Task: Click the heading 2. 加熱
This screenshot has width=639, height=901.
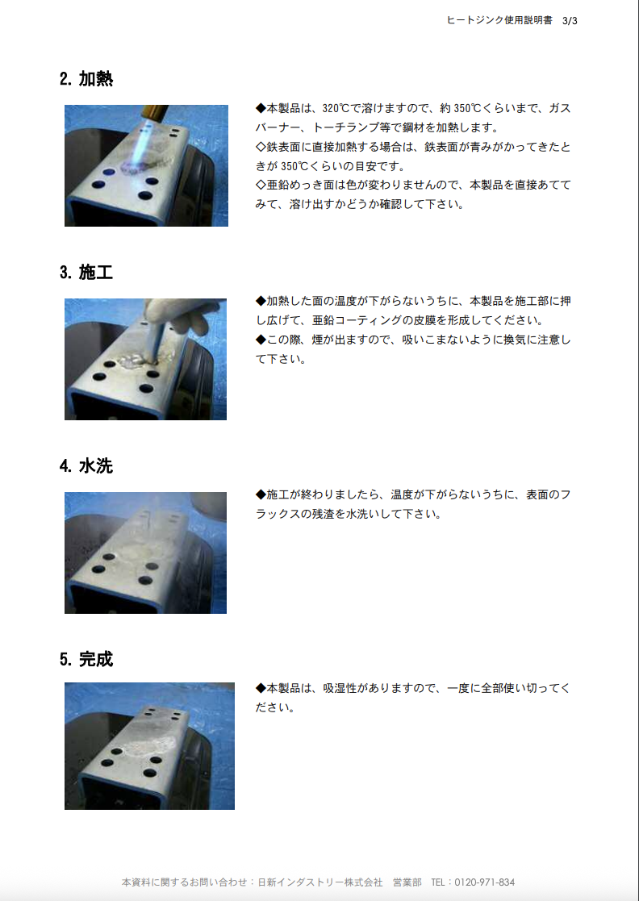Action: [86, 79]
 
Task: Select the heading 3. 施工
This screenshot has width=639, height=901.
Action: [86, 273]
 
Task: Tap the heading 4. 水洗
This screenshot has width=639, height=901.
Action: [86, 466]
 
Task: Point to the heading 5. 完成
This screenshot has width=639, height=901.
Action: [86, 660]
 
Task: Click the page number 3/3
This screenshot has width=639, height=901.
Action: [570, 21]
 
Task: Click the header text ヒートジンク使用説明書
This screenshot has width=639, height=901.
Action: [499, 21]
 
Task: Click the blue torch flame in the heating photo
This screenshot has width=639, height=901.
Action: [137, 153]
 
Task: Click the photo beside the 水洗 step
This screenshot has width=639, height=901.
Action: [145, 553]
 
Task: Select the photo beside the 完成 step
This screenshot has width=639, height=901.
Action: [149, 746]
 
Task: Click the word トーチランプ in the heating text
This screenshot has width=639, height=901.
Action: [351, 127]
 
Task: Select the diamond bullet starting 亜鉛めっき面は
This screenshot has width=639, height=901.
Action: [261, 186]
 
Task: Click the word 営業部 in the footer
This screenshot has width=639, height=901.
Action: [407, 882]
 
